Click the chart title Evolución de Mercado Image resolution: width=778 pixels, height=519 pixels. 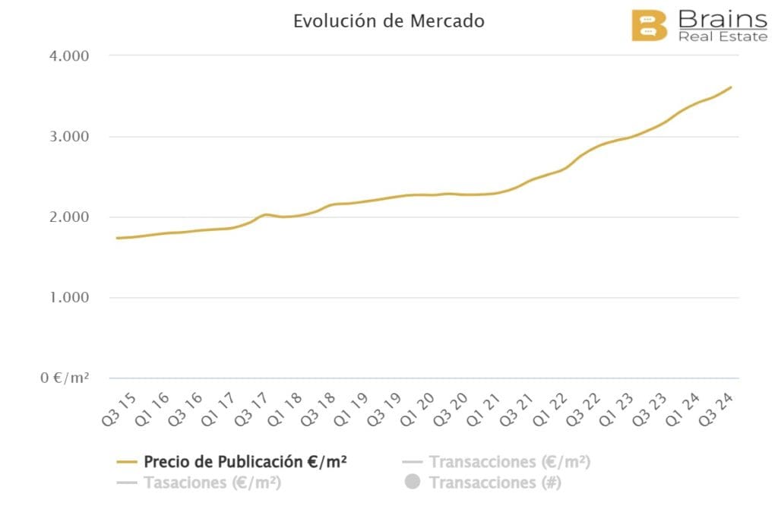click(388, 21)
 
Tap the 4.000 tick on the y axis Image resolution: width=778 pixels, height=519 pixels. click(67, 56)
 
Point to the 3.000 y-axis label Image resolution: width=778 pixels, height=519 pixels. click(67, 137)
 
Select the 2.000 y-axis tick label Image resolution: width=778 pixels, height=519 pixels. click(67, 217)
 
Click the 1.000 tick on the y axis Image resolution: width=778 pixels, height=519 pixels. click(67, 298)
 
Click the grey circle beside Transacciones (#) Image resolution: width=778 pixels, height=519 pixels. click(413, 483)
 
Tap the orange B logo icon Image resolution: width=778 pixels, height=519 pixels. click(649, 25)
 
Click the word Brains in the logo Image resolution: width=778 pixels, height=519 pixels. click(722, 17)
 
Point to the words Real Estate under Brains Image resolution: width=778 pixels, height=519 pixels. click(722, 36)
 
